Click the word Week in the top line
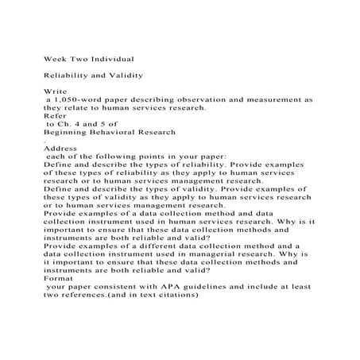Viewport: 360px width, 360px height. tap(55, 59)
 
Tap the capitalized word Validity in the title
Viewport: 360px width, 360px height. tap(123, 75)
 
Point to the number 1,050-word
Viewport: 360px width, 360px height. tap(80, 100)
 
